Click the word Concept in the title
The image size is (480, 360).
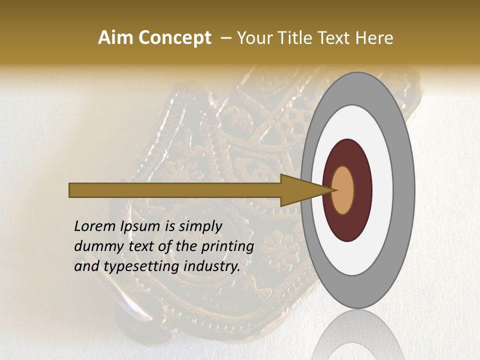click(174, 38)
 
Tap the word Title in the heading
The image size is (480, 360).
click(295, 38)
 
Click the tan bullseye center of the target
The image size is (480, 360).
click(343, 190)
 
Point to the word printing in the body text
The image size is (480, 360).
click(227, 247)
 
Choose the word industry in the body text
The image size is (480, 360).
click(212, 267)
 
